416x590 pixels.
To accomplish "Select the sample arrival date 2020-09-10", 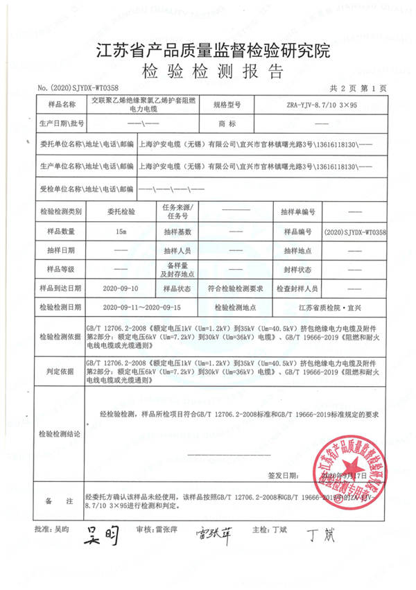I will tap(121, 287).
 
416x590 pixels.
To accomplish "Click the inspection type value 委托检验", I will tap(122, 211).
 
